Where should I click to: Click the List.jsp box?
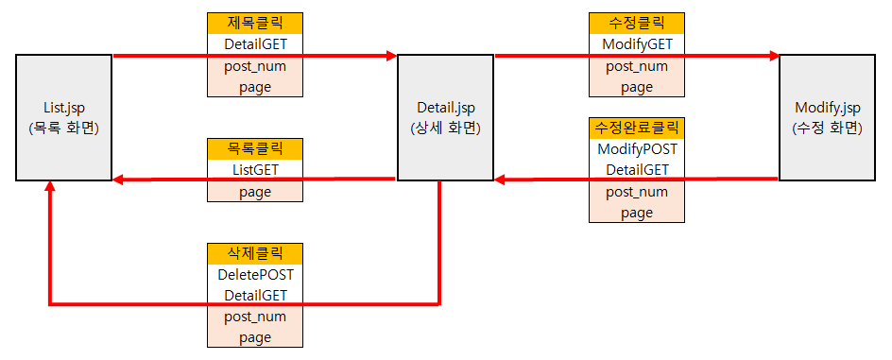63,118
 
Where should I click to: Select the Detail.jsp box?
445,118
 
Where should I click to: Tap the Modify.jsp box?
827,118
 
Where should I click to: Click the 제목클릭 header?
255,24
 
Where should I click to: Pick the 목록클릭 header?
255,149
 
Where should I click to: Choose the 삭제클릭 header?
255,253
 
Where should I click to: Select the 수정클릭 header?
637,24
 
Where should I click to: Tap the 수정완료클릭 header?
637,128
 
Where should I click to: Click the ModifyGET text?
637,44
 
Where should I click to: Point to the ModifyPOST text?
637,149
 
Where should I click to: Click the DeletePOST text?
255,275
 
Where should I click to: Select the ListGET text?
255,170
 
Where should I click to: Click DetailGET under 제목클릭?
255,44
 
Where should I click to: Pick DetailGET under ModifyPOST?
637,170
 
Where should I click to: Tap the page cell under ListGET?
255,192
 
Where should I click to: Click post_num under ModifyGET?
637,66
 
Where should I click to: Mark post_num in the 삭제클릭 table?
255,317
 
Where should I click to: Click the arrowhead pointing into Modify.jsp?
774,56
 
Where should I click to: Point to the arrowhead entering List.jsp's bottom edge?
50,186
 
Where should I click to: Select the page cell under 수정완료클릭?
637,213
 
